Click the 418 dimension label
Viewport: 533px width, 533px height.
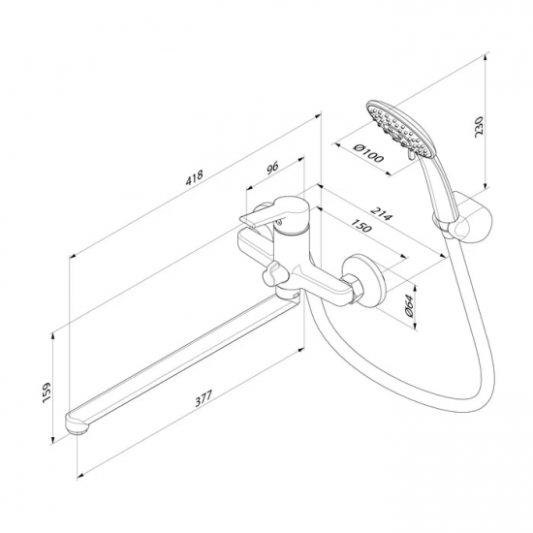(194, 177)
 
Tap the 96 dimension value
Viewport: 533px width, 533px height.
(272, 168)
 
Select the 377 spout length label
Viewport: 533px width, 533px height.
(204, 398)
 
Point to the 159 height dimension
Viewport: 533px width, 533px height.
(47, 392)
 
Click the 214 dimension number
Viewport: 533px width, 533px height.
(382, 212)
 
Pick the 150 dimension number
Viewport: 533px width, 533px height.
(361, 225)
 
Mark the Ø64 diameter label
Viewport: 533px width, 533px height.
(409, 306)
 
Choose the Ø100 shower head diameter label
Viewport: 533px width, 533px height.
(368, 153)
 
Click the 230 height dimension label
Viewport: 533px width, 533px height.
(479, 127)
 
